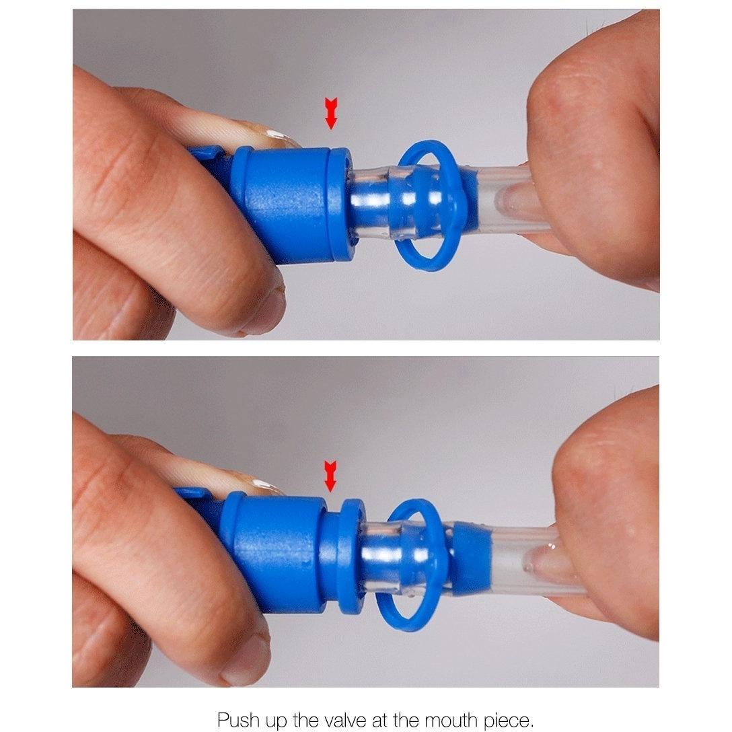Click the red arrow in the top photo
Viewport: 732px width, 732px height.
pyautogui.click(x=331, y=114)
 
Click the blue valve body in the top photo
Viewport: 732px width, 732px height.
pyautogui.click(x=285, y=205)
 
